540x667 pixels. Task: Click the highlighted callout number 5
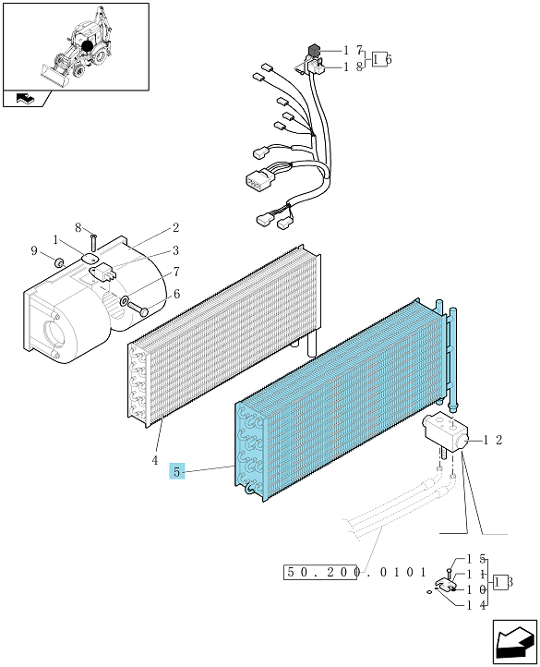point(177,471)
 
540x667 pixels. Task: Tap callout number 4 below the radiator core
point(155,460)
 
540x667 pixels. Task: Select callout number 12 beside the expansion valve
point(493,441)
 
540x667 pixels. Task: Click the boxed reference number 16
point(381,59)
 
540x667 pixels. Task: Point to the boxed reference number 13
point(502,581)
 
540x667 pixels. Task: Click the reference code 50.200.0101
point(354,572)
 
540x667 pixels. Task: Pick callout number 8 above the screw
point(78,228)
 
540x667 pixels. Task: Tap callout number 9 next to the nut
point(34,251)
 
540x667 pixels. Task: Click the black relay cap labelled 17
point(314,50)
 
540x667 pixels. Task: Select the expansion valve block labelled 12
point(445,431)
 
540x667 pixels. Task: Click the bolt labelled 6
point(138,308)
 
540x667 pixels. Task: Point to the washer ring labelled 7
point(124,300)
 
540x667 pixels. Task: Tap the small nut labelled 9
point(59,262)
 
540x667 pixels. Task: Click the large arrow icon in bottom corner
point(514,642)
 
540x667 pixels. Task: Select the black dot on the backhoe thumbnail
point(87,46)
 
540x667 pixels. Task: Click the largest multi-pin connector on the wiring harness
point(258,178)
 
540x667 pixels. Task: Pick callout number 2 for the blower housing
point(175,227)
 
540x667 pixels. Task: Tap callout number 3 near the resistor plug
point(175,250)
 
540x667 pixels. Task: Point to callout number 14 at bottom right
point(476,605)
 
